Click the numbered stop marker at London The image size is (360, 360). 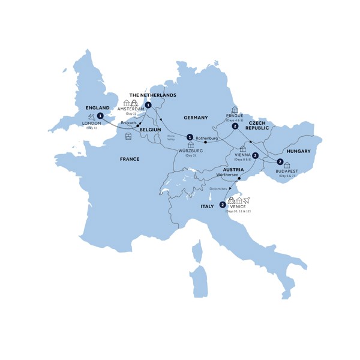(x=100, y=116)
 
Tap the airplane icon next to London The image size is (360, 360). (x=90, y=116)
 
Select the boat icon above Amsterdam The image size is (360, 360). (x=135, y=103)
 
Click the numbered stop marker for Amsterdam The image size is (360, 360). (x=148, y=105)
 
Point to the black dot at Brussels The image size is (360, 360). (x=138, y=125)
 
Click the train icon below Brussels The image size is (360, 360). (x=128, y=136)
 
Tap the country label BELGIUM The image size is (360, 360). (x=151, y=130)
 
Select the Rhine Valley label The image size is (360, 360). (x=170, y=139)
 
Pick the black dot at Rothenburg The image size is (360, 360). (x=206, y=142)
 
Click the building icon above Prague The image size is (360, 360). (x=234, y=110)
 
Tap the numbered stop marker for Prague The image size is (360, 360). (x=236, y=126)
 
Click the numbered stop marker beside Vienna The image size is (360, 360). (x=256, y=156)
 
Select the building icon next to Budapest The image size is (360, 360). (x=287, y=165)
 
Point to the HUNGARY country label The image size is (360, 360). (x=298, y=151)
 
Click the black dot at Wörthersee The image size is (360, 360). (x=239, y=178)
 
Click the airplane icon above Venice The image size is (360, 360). (x=246, y=200)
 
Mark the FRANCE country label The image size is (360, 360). (x=129, y=159)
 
